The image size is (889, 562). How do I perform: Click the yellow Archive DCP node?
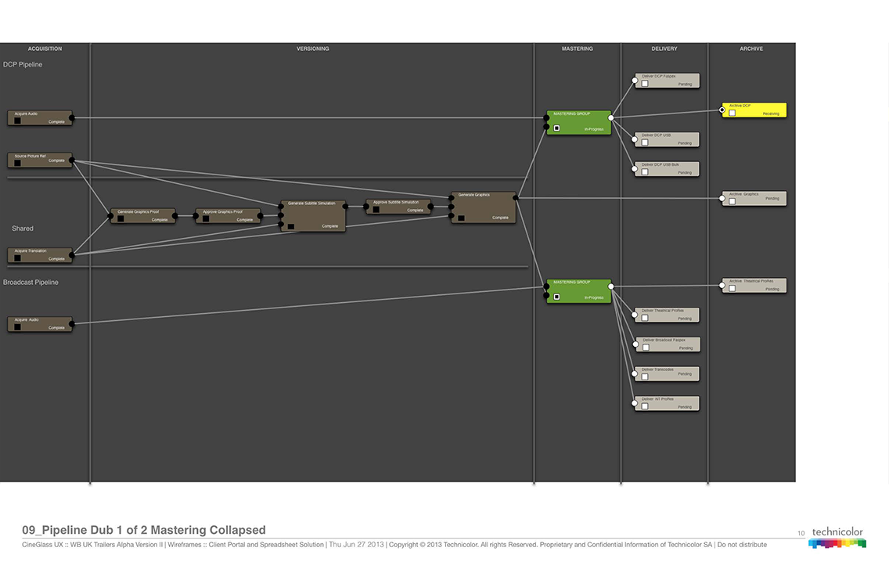pyautogui.click(x=754, y=110)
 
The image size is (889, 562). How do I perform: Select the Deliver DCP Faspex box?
pyautogui.click(x=667, y=81)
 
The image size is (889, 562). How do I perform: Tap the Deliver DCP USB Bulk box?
pyautogui.click(x=667, y=169)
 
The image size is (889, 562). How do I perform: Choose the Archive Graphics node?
pyautogui.click(x=754, y=198)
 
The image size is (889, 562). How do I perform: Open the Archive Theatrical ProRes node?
pyautogui.click(x=754, y=286)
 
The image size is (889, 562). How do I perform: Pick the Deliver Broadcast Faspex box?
pyautogui.click(x=667, y=344)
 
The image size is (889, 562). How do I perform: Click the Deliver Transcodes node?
pyautogui.click(x=667, y=373)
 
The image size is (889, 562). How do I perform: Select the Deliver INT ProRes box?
pyautogui.click(x=667, y=403)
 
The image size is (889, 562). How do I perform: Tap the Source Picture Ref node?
pyautogui.click(x=39, y=160)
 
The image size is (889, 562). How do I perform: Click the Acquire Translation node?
pyautogui.click(x=39, y=255)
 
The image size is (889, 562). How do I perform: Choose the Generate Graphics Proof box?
pyautogui.click(x=142, y=215)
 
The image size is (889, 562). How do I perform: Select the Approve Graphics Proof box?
pyautogui.click(x=228, y=215)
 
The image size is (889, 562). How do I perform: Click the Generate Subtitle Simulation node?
pyautogui.click(x=313, y=215)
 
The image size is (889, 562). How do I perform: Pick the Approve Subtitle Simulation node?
pyautogui.click(x=398, y=207)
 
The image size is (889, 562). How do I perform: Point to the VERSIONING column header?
pyautogui.click(x=312, y=49)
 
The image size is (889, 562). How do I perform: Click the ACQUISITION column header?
pyautogui.click(x=45, y=49)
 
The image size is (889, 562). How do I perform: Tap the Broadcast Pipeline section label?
pyautogui.click(x=31, y=283)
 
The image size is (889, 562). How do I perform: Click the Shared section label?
pyautogui.click(x=23, y=229)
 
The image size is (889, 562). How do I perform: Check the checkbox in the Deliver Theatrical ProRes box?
pyautogui.click(x=645, y=319)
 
